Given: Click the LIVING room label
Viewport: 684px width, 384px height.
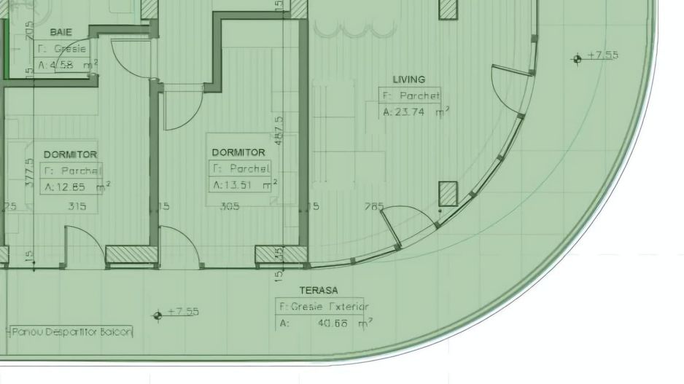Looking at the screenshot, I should [408, 79].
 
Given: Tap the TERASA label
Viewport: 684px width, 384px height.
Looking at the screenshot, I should [319, 290].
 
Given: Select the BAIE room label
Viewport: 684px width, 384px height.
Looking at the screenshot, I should [60, 32].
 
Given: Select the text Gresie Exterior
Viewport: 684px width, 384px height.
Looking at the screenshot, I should [324, 307].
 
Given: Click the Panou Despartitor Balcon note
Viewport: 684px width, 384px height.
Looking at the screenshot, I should [71, 332].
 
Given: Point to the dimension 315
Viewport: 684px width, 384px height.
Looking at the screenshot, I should [77, 206].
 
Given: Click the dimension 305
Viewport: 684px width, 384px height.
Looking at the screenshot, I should [230, 206].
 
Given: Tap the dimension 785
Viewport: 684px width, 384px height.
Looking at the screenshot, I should [373, 207].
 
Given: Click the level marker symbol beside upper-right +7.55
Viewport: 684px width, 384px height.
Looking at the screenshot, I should [578, 58].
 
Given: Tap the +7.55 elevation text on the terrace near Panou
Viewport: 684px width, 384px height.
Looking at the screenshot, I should [183, 312].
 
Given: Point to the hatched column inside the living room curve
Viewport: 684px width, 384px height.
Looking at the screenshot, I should [447, 194].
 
